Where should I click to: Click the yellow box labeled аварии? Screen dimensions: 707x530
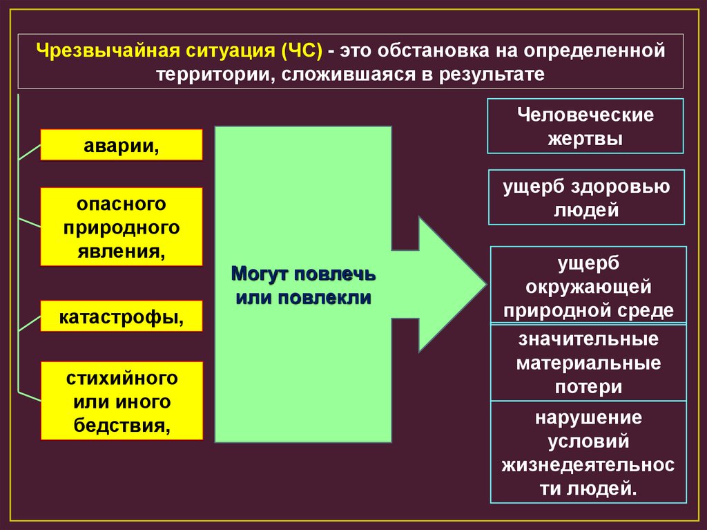(x=122, y=145)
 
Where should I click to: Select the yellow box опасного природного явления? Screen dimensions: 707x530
(x=122, y=227)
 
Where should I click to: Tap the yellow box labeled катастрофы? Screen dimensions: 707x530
(x=122, y=316)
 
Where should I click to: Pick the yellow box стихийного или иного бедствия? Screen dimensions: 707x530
(x=122, y=401)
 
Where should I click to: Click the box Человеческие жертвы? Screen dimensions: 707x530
(x=585, y=126)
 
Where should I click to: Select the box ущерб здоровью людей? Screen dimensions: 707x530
(x=585, y=198)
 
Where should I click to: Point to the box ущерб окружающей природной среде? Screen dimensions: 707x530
(x=588, y=285)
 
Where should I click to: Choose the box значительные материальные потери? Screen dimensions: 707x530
(x=588, y=363)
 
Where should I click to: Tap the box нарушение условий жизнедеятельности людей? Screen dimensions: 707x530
(x=588, y=453)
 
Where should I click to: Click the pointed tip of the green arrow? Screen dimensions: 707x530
(x=485, y=284)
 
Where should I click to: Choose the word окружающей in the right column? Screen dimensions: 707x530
(x=588, y=285)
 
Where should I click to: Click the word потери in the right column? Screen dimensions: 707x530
(x=588, y=386)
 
